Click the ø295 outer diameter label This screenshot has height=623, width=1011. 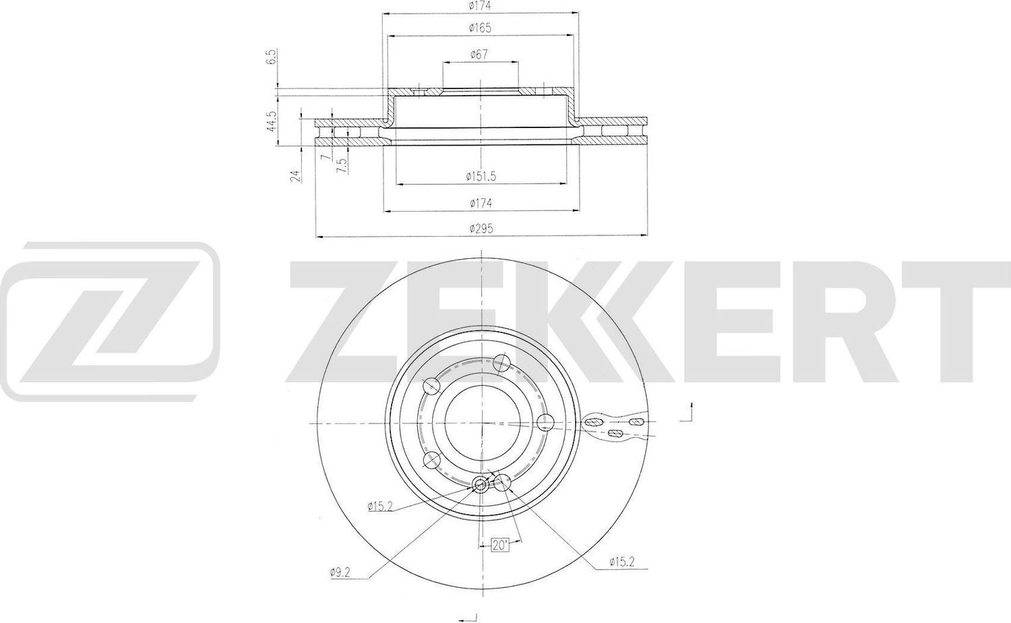[x=481, y=229]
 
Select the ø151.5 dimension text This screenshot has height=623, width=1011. [x=481, y=176]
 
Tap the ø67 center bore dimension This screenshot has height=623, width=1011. [x=480, y=55]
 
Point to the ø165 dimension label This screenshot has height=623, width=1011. [x=480, y=28]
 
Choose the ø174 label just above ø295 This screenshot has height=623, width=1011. [x=480, y=203]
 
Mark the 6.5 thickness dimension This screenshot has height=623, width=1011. [x=272, y=57]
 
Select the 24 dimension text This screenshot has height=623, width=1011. [x=294, y=177]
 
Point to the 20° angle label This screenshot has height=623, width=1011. [x=499, y=545]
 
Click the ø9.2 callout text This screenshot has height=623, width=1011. [x=341, y=572]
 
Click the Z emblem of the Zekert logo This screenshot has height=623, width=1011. [x=110, y=322]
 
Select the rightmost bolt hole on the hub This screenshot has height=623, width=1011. [x=545, y=423]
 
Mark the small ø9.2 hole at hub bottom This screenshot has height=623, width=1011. [x=481, y=483]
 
